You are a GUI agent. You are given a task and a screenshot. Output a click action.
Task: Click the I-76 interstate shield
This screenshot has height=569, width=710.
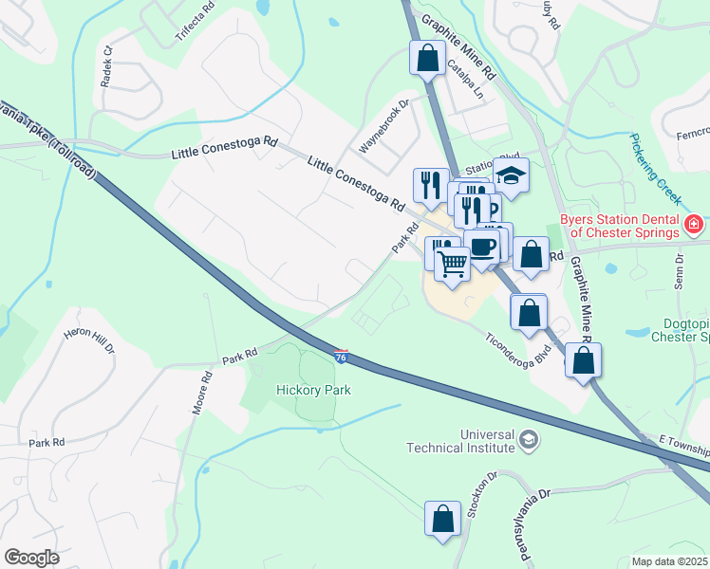tap(341, 357)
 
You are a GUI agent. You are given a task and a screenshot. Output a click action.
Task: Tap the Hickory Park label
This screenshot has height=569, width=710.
tap(313, 390)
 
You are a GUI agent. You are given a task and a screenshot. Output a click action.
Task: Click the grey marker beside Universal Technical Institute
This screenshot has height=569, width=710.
tap(529, 440)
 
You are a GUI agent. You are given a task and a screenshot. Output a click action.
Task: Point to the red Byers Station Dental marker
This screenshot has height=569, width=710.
tap(695, 226)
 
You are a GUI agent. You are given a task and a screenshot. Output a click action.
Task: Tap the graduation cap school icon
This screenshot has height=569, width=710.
tap(511, 175)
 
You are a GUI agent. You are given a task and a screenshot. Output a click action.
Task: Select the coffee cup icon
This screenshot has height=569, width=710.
tap(483, 248)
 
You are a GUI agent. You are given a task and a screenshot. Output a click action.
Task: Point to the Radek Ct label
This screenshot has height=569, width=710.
tap(107, 66)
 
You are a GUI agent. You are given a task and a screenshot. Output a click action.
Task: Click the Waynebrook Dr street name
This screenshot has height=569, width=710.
tap(383, 129)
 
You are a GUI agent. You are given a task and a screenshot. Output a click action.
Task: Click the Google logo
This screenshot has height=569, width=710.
tap(31, 557)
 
